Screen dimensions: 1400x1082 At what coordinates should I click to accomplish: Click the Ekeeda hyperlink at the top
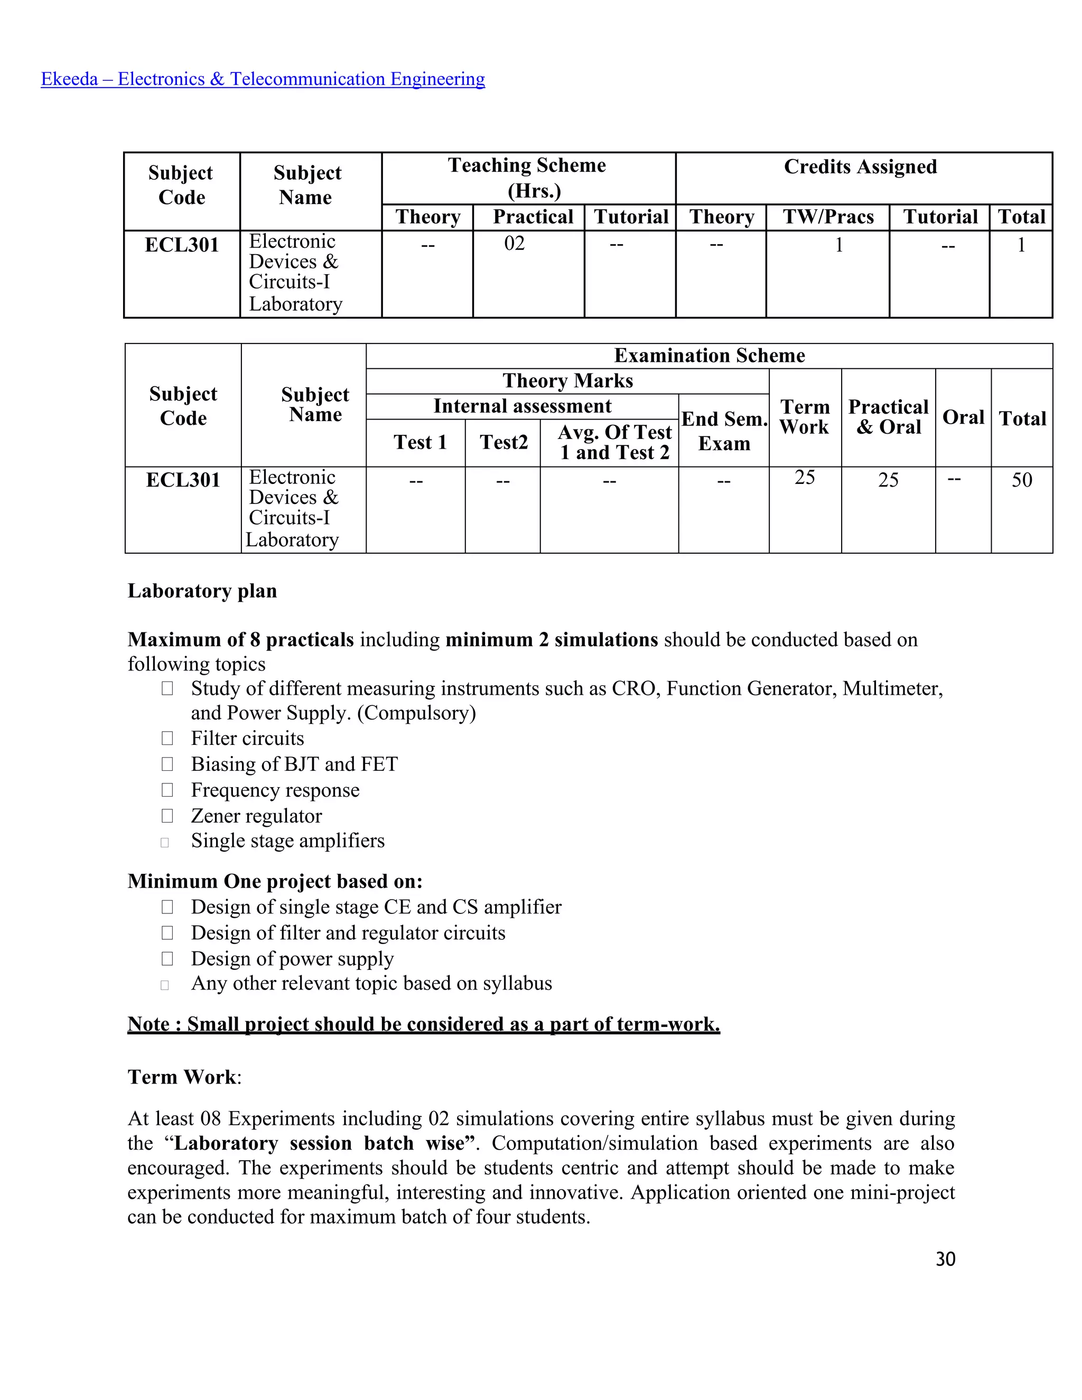coord(263,79)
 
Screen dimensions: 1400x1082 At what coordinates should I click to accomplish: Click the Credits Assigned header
coord(860,166)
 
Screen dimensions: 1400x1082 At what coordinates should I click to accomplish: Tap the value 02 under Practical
coord(514,244)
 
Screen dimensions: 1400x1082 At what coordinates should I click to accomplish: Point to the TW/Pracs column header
coord(828,217)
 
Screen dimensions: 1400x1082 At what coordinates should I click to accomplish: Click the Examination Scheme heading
coord(709,356)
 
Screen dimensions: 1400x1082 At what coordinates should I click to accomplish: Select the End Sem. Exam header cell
coord(724,431)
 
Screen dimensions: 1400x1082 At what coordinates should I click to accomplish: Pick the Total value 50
coord(1022,480)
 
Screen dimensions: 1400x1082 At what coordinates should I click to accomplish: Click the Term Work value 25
coord(805,478)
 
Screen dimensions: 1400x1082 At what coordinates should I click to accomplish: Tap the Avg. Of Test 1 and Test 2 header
coord(614,442)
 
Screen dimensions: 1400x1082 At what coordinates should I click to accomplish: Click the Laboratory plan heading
coord(202,591)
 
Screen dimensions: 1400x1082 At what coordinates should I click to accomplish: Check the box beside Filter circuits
coord(167,739)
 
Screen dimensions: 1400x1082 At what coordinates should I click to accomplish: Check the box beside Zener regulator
coord(167,816)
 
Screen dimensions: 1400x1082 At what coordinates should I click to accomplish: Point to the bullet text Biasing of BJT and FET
coord(294,764)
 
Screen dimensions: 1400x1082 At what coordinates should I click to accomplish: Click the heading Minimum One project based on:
coord(275,881)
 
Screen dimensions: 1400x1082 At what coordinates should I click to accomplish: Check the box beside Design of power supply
coord(167,959)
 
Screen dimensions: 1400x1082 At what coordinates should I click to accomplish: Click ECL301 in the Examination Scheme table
coord(183,480)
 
